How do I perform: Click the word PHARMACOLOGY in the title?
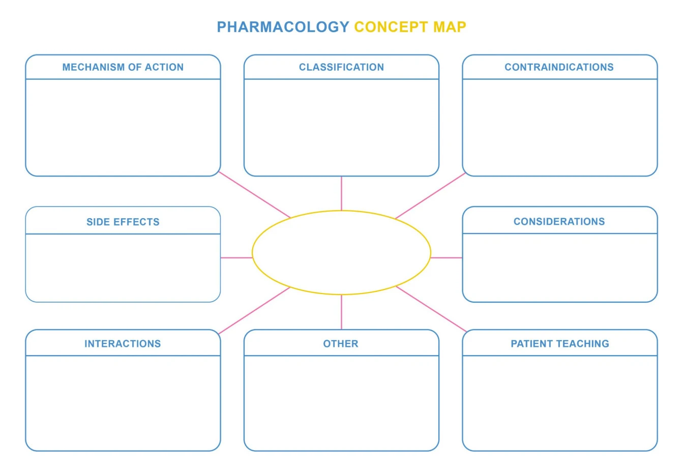[x=283, y=26]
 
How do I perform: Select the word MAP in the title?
[x=450, y=26]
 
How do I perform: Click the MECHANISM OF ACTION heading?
[x=123, y=67]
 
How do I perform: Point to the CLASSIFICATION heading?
[x=341, y=67]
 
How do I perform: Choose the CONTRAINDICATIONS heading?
[x=559, y=67]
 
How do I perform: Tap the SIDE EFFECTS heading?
[x=123, y=222]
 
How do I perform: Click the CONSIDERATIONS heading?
[x=559, y=222]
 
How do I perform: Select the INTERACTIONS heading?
[x=123, y=344]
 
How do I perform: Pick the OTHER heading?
[x=341, y=344]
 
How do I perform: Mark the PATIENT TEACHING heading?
[x=559, y=344]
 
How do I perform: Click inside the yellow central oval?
[x=341, y=253]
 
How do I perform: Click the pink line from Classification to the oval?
[x=341, y=193]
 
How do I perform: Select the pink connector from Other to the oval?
[x=341, y=312]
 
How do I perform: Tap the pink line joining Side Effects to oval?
[x=236, y=258]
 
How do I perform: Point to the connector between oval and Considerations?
[x=446, y=258]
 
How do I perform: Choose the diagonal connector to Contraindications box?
[x=430, y=196]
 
